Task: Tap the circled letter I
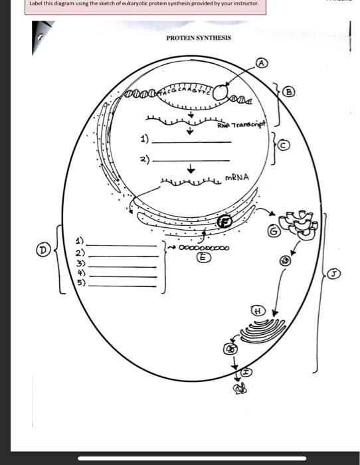(x=246, y=373)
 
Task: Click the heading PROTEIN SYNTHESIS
(x=199, y=38)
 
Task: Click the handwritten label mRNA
(x=237, y=177)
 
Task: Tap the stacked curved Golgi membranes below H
(x=259, y=331)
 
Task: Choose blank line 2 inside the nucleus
(x=191, y=160)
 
